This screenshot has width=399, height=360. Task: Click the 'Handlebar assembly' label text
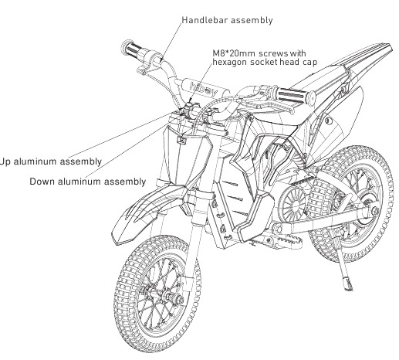coord(227,20)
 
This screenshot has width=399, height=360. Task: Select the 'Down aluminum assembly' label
coord(88,182)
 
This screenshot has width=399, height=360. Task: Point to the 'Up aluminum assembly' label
coord(51,161)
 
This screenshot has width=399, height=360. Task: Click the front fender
coord(152,209)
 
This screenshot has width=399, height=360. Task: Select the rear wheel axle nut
coord(374,212)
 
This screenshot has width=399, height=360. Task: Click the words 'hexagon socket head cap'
coord(265,63)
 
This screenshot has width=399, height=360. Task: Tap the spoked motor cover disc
coord(292,205)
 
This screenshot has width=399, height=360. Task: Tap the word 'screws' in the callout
coord(273,53)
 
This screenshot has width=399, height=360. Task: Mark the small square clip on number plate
coord(181,140)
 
